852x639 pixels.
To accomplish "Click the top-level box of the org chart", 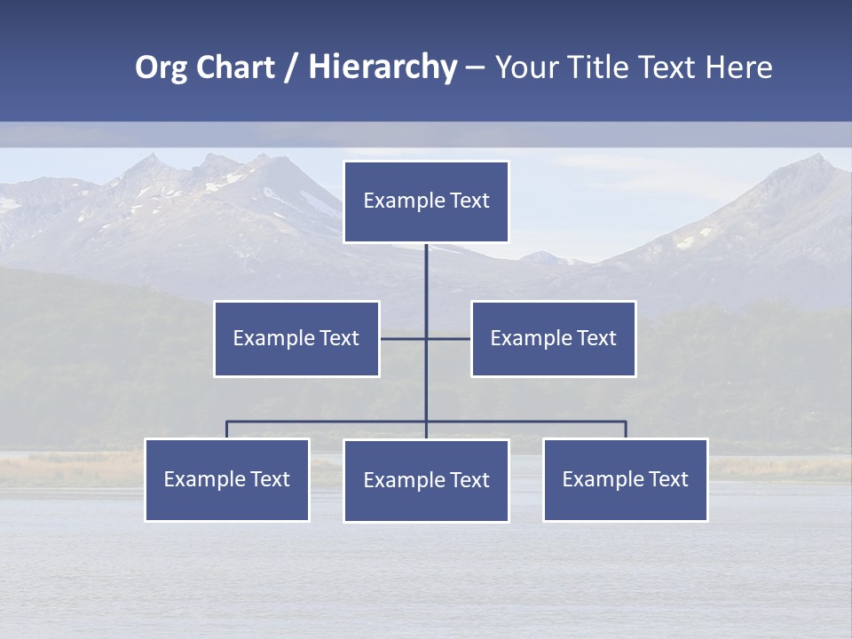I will click(426, 201).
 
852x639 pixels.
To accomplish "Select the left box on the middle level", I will click(296, 338).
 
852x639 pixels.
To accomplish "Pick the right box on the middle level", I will click(553, 338).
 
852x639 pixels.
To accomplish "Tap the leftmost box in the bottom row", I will click(227, 479).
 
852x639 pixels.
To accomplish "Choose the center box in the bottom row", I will click(426, 480).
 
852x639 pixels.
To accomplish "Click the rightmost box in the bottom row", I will click(625, 479).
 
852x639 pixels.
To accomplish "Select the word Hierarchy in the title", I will click(383, 67).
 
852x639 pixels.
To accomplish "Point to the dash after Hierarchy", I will click(475, 68).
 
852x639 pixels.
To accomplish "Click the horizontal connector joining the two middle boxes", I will click(404, 338).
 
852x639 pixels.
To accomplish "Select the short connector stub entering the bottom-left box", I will click(227, 430).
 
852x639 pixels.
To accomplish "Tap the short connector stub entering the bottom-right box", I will click(626, 430).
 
